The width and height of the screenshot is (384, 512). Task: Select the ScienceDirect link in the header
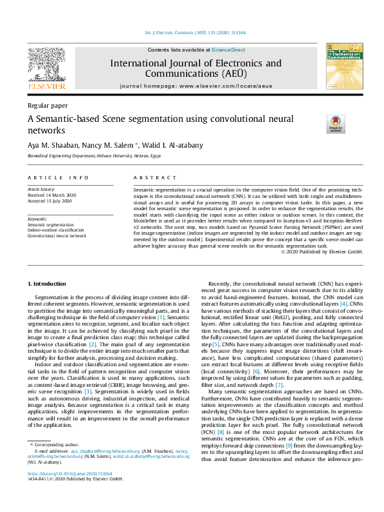pyautogui.click(x=229, y=50)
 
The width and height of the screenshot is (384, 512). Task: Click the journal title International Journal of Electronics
pyautogui.click(x=196, y=63)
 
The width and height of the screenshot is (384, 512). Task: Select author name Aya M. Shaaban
pyautogui.click(x=50, y=145)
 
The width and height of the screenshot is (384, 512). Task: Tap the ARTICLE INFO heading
pyautogui.click(x=58, y=177)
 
